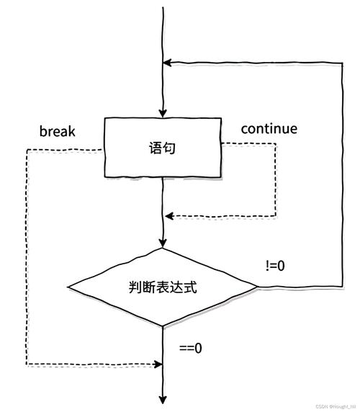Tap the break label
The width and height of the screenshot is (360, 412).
(58, 132)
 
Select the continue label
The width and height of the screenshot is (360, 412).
(269, 129)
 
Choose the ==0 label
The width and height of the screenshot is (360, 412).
(190, 348)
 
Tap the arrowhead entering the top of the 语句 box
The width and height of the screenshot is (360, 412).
(164, 113)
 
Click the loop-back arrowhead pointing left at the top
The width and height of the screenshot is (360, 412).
(168, 63)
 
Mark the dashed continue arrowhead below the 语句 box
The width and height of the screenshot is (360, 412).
(169, 215)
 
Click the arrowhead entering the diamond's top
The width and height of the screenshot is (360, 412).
(164, 243)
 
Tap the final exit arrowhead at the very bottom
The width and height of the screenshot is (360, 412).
(164, 398)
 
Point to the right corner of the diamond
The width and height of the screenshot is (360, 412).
(257, 287)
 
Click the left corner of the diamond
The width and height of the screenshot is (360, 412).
(70, 287)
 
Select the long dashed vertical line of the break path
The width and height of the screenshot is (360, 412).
(26, 259)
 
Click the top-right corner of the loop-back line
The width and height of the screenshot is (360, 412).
(341, 63)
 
